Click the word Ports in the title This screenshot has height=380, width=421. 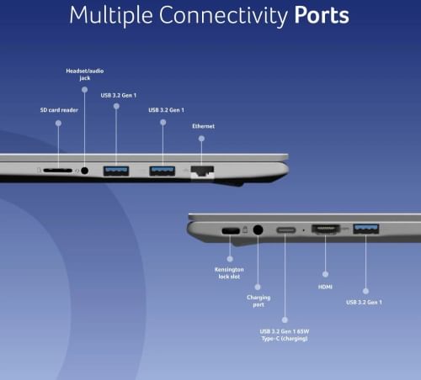point(322,15)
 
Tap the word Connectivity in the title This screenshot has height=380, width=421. point(223,16)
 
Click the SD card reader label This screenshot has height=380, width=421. point(59,110)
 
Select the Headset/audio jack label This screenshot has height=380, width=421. point(85,74)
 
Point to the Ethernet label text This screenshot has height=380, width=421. point(203,126)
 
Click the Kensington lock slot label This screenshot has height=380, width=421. point(229,273)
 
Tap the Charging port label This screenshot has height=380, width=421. point(258,301)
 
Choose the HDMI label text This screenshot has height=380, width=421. point(325,287)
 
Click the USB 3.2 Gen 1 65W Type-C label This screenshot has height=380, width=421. point(285,335)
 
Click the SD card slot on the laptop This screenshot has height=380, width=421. point(57,171)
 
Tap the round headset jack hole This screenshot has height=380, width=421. point(84,171)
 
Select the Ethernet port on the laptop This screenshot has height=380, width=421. point(202,172)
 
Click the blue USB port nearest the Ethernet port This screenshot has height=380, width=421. point(163,171)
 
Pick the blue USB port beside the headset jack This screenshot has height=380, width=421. point(116,171)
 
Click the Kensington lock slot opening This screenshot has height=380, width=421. point(231,231)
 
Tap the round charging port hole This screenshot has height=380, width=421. point(258,230)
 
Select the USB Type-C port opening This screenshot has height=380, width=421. point(286,230)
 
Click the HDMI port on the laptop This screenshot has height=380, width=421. point(326,230)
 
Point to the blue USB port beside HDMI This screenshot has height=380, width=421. point(366,229)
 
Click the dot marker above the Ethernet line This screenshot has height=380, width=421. point(201,139)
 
